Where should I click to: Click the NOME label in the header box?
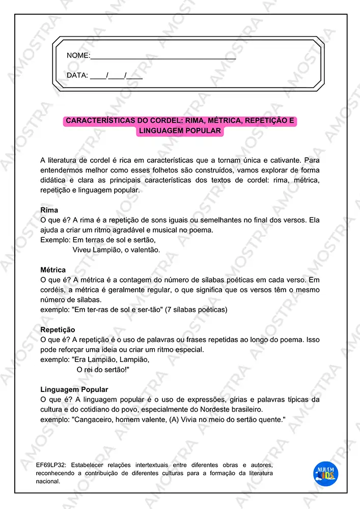[x=78, y=55]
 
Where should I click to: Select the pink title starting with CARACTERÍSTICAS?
[x=180, y=121]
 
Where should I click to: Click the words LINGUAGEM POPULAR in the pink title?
[x=180, y=131]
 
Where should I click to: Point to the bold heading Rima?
[x=49, y=210]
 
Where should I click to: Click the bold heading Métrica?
[x=53, y=270]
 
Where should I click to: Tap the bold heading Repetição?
[x=58, y=330]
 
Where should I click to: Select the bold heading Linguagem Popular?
[x=74, y=389]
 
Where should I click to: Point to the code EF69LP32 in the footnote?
[x=52, y=465]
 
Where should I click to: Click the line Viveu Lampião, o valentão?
[x=116, y=250]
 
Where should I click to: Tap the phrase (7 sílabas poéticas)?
[x=196, y=309]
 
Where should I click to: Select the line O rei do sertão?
[x=103, y=370]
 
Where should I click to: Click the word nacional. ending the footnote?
[x=48, y=480]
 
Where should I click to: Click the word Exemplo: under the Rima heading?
[x=55, y=240]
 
